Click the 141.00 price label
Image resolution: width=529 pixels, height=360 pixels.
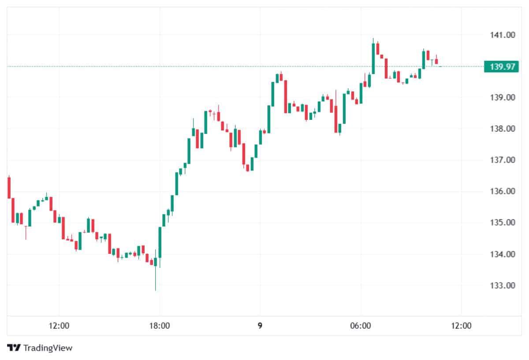click(x=503, y=35)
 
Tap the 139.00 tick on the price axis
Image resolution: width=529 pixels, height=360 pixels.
click(x=503, y=97)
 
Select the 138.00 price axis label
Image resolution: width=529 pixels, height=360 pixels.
click(x=503, y=129)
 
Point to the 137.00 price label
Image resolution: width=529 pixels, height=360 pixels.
click(x=503, y=160)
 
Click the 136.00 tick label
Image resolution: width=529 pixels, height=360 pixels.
click(x=503, y=191)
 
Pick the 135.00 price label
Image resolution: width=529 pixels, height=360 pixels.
click(x=503, y=223)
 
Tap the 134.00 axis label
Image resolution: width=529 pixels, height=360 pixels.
click(x=503, y=254)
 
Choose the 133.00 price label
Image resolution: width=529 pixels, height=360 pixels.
click(x=503, y=286)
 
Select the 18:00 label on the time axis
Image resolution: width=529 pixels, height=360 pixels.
click(x=160, y=327)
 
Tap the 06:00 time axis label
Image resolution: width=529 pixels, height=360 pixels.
click(x=360, y=327)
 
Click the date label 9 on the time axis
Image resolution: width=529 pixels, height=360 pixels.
click(x=260, y=327)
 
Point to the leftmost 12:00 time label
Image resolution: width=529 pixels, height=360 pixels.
click(x=59, y=327)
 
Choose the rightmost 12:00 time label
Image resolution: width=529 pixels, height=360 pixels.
click(x=461, y=327)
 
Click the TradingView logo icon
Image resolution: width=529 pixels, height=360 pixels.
click(x=14, y=348)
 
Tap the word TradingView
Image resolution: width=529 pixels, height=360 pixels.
click(x=48, y=348)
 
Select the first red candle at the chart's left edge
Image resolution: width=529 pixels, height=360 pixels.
click(x=9, y=187)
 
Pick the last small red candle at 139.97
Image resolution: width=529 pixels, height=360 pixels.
click(x=436, y=61)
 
